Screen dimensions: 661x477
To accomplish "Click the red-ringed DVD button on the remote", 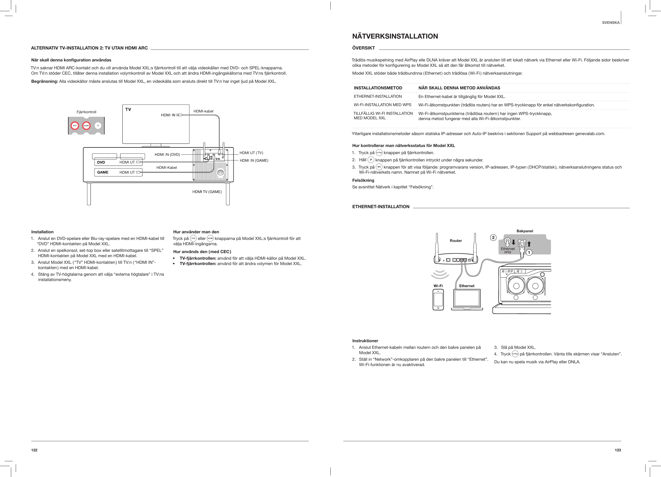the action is [75, 126].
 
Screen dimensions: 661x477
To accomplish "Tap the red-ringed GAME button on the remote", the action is [86, 126].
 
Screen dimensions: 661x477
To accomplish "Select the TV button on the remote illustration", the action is [98, 126].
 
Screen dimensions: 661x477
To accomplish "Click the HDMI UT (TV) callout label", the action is [251, 153].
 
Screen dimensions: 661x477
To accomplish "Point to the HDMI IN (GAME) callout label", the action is [254, 160].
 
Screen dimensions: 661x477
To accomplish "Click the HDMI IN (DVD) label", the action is [167, 155].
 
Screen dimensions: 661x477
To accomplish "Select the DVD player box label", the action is [101, 162].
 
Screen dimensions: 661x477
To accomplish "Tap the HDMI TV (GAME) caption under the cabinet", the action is [207, 192].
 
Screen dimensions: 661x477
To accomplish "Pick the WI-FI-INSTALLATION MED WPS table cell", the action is [382, 105].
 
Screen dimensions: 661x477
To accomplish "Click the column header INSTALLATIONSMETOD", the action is [378, 88].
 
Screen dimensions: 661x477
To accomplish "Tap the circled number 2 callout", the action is [493, 238].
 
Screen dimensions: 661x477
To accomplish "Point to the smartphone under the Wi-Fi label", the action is [438, 300].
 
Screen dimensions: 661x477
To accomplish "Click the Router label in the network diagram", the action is [456, 241].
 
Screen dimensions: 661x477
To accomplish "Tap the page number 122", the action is [35, 450].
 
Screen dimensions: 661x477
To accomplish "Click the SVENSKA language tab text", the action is [611, 22].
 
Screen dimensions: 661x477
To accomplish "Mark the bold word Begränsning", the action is [45, 81].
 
